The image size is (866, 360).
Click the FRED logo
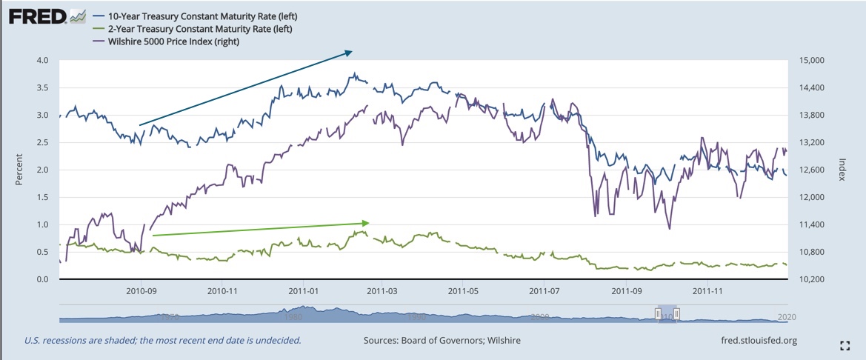click(37, 16)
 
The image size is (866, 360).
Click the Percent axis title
click(20, 170)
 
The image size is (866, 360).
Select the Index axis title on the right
click(845, 170)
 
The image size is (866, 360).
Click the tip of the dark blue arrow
click(350, 51)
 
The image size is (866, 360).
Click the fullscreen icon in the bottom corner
click(845, 345)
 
